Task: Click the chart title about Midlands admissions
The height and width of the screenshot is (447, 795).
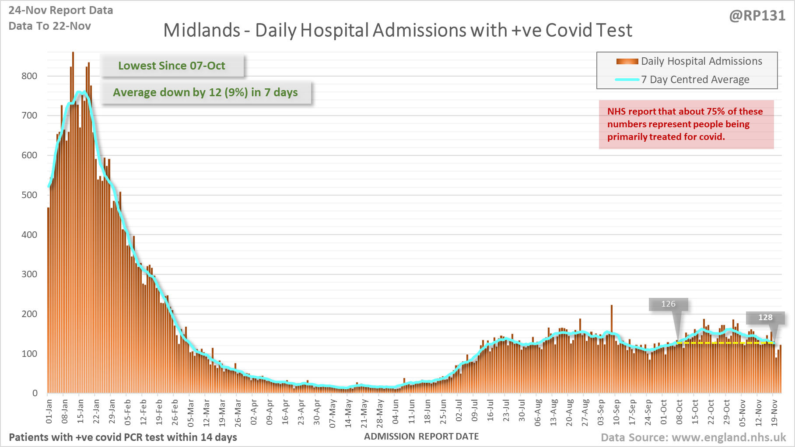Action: click(397, 30)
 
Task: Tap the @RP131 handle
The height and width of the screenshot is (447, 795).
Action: click(757, 16)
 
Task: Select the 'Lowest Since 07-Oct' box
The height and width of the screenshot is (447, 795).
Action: click(172, 66)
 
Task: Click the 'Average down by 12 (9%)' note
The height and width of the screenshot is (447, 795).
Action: click(205, 92)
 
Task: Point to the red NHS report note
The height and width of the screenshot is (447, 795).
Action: click(686, 124)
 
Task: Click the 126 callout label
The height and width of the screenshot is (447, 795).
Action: click(668, 304)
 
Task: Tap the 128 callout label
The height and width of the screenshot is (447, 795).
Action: click(765, 318)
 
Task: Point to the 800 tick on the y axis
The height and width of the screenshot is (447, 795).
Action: click(29, 76)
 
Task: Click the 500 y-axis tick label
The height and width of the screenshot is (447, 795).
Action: click(29, 195)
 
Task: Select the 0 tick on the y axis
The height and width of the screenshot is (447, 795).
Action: click(35, 393)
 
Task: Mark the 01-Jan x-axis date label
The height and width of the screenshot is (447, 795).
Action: click(49, 411)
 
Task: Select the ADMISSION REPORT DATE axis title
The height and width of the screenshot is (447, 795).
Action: click(421, 437)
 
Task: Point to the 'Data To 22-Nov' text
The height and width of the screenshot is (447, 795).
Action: click(50, 26)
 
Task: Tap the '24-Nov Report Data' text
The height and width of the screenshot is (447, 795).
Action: click(61, 10)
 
